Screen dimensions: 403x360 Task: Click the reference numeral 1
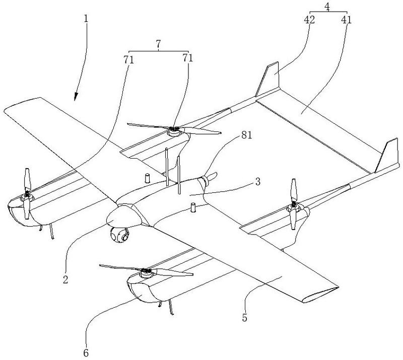[x=86, y=19]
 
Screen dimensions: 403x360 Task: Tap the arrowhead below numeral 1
[x=76, y=96]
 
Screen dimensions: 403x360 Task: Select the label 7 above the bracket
[x=158, y=44]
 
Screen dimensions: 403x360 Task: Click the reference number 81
[x=246, y=135]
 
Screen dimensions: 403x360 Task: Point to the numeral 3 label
[x=257, y=182]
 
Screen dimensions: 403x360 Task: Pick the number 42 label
[x=309, y=20]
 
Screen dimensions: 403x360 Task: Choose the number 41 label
[x=346, y=20]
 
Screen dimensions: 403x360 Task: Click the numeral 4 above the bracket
[x=327, y=7]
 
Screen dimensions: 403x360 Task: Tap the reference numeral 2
[x=65, y=279]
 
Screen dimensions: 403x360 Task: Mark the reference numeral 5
[x=244, y=318]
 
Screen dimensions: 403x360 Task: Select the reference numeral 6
[x=86, y=353]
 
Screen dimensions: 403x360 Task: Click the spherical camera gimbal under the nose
[x=119, y=235]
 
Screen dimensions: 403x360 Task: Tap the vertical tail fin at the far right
[x=387, y=156]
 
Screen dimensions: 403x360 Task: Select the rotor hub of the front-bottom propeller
[x=146, y=273]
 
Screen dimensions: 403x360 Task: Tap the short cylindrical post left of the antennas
[x=147, y=178]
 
